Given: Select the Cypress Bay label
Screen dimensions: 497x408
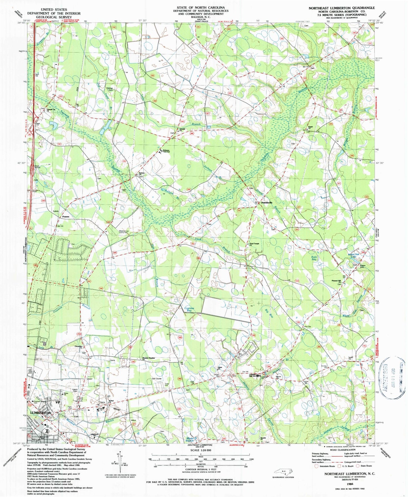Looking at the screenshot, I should point(189,309).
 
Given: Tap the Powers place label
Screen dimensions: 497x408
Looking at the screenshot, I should point(65,217).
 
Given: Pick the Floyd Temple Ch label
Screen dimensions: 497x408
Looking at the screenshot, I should point(254,244).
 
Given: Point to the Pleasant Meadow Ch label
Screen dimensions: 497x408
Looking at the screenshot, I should point(149,359).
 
